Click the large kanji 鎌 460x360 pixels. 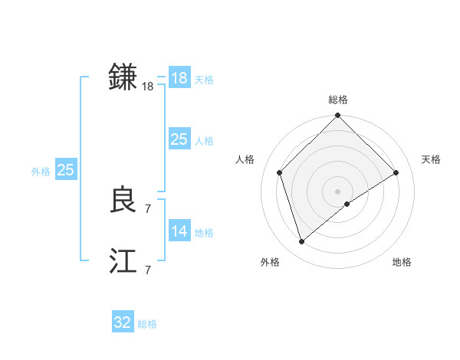click(123, 77)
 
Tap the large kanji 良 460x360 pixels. click(123, 200)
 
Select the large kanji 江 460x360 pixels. click(123, 261)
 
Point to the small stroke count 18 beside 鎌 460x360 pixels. click(148, 87)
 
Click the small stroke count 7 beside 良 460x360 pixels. click(148, 208)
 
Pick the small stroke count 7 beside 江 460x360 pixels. click(148, 270)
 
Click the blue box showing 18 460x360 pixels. click(179, 78)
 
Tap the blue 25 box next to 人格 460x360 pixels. click(179, 139)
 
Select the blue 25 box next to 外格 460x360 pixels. click(65, 170)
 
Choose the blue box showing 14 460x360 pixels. click(179, 231)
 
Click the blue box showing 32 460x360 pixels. click(122, 322)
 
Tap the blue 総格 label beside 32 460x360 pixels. click(147, 324)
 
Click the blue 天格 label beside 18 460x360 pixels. click(204, 80)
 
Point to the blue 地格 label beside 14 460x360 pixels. click(204, 233)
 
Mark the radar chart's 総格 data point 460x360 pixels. click(337, 116)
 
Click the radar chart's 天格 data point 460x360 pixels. click(396, 172)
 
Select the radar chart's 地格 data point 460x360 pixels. click(347, 204)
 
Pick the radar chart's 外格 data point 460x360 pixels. click(302, 242)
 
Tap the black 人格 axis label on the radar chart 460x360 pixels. click(245, 159)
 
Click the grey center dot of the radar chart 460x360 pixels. click(337, 191)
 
